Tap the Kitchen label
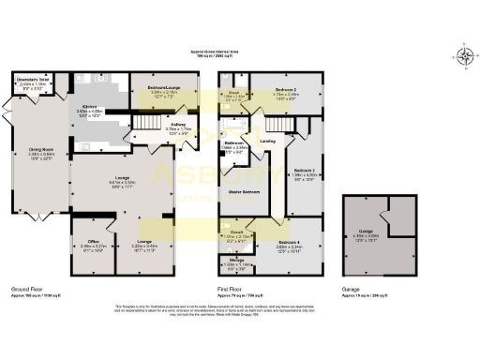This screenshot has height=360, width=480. point(90,108)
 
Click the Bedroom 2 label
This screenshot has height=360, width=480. point(286,87)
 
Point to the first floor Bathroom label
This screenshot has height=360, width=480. point(234,143)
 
